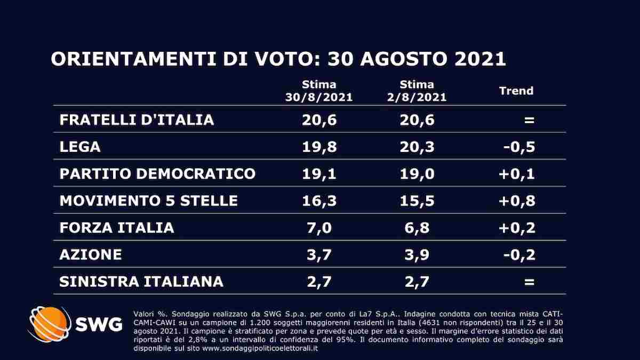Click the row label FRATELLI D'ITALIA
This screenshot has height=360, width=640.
point(137,119)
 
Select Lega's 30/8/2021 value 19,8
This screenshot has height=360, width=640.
point(319,147)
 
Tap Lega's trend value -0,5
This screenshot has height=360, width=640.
point(519,147)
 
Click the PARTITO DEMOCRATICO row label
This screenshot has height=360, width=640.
point(157,174)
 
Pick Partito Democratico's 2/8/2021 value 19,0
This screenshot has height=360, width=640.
point(417,174)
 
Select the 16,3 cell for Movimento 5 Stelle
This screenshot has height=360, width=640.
point(319,201)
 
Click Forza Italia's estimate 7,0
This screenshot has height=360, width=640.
point(319,228)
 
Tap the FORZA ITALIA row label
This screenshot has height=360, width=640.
point(117,228)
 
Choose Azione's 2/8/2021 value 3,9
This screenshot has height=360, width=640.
point(417,255)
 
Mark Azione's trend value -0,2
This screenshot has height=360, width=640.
point(519,255)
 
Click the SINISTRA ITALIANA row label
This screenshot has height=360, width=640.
point(141,282)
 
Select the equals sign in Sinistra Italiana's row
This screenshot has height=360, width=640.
point(529,282)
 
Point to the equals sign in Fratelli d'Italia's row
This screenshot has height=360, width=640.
point(529,119)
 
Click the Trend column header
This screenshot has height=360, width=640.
point(516,91)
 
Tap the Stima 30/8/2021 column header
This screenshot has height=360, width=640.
point(319,91)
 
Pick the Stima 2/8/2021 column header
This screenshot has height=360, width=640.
point(417,91)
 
